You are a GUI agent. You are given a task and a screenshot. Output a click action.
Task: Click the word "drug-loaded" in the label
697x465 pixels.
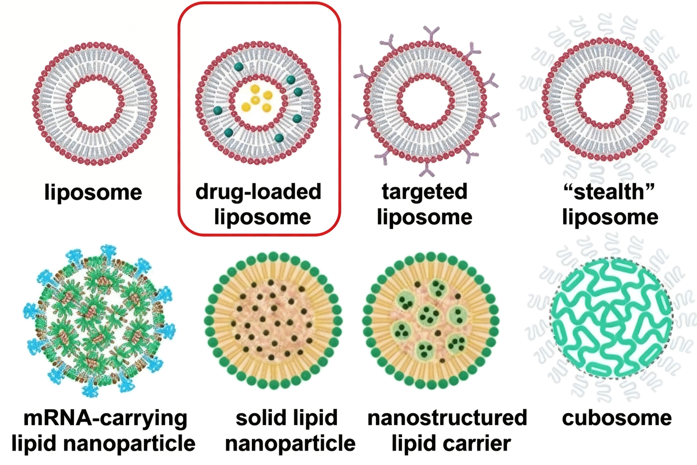(258, 192)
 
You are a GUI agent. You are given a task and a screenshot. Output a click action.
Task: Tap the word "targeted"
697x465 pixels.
(424, 192)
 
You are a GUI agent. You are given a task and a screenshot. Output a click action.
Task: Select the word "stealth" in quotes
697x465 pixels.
(609, 192)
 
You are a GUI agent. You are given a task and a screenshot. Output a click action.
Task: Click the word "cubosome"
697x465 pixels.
(617, 418)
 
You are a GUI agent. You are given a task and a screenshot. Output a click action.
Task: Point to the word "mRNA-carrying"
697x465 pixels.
(105, 418)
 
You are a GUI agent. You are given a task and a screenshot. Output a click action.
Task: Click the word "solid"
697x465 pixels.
(259, 418)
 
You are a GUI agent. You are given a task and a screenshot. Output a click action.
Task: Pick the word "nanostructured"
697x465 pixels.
(447, 418)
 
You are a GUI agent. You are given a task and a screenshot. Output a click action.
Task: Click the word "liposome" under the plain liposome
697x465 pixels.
(93, 192)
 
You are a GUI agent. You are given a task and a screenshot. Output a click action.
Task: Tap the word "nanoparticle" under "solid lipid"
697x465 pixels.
(290, 443)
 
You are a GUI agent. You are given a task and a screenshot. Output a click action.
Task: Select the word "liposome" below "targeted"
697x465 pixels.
(424, 217)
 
